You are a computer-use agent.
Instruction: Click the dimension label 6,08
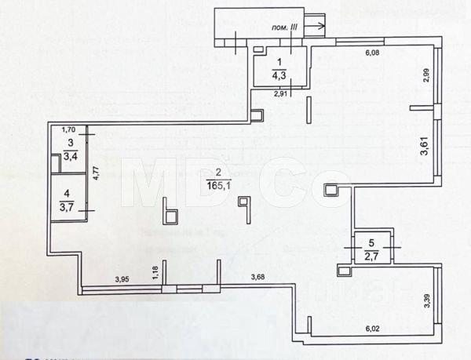tap(374, 53)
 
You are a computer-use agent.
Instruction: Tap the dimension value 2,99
tap(425, 77)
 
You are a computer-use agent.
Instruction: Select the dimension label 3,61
tap(425, 145)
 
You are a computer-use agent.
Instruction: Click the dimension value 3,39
tap(427, 300)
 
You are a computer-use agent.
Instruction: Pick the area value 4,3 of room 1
tap(279, 76)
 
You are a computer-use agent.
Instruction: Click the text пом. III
tap(283, 27)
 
